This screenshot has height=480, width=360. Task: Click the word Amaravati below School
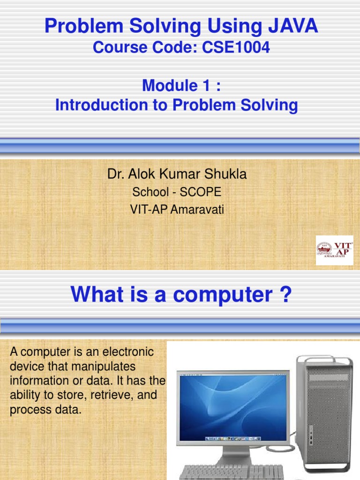pyautogui.click(x=197, y=210)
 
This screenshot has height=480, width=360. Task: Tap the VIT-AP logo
pyautogui.click(x=334, y=250)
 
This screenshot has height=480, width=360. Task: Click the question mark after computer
pyautogui.click(x=285, y=295)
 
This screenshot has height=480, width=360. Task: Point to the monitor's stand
pyautogui.click(x=233, y=455)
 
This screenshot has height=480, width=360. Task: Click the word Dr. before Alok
pyautogui.click(x=115, y=174)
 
